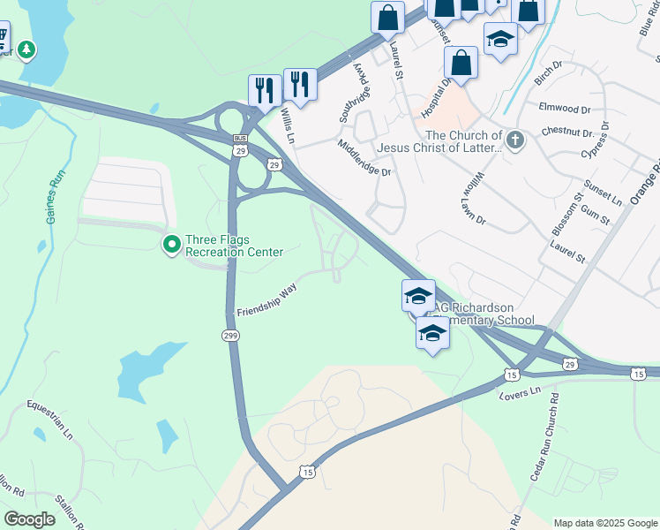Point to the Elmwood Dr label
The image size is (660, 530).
[564, 108]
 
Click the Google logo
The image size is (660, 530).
[28, 519]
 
